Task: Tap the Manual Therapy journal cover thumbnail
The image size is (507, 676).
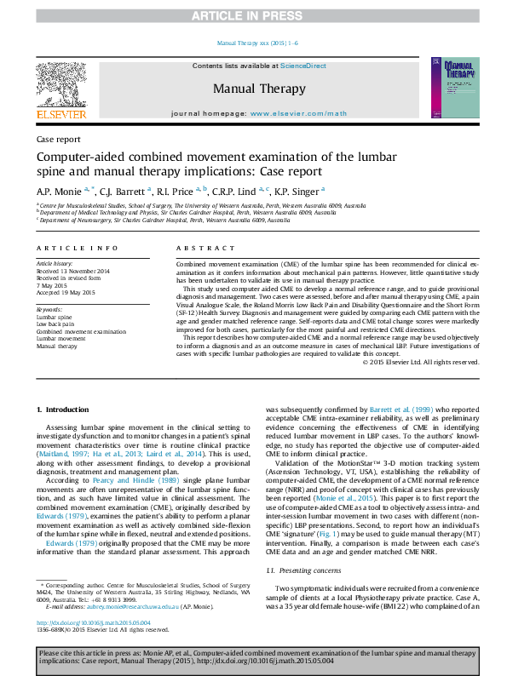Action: click(x=450, y=88)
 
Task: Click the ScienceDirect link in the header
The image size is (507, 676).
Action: click(x=303, y=66)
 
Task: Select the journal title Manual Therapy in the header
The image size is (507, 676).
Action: click(x=258, y=89)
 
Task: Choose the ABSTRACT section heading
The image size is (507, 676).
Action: click(x=199, y=248)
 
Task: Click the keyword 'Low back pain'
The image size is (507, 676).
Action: click(x=55, y=324)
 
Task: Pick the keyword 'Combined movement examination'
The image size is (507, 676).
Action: click(x=80, y=331)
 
